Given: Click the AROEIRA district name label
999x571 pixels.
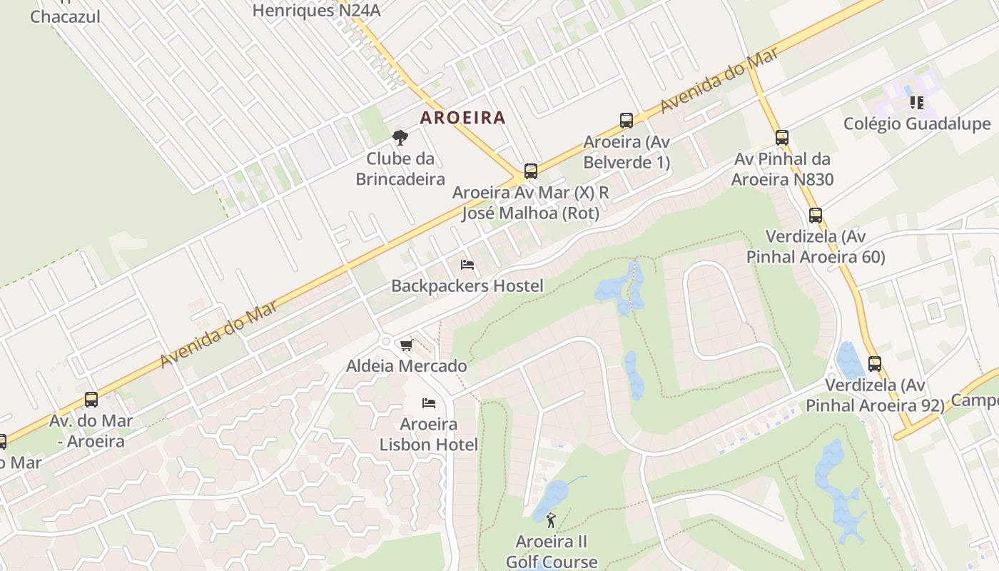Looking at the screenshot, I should pos(462,117).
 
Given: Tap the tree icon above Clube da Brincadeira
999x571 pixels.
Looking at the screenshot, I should pos(400,137).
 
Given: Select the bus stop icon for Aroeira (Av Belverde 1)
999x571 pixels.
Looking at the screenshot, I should pos(627,120).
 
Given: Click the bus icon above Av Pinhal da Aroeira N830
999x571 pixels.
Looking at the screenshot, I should pos(782,138).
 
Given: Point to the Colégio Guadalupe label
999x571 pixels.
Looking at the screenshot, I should pos(917,123).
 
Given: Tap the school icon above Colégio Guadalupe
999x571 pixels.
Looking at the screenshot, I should pos(917,103).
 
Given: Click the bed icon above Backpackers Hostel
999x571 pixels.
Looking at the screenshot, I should pos(467,265).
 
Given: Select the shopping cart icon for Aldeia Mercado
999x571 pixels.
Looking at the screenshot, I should pos(406,345).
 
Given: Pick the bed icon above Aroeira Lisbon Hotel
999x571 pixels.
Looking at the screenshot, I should pos(428,403).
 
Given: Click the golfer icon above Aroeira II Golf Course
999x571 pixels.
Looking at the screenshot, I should pos(550,520).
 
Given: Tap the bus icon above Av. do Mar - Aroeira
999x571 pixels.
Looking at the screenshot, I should pos(91,400).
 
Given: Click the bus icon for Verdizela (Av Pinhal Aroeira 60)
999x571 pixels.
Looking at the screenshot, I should pos(816,215).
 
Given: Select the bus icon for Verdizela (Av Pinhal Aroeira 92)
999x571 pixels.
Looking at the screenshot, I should pos(875,364).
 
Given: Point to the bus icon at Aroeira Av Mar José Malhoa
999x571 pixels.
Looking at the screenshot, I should pos(531,171).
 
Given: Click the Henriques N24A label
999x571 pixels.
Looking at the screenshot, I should pos(317,10).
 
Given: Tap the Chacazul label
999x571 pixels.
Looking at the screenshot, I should pos(65,16).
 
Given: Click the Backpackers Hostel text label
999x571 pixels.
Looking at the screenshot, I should pos(467,285).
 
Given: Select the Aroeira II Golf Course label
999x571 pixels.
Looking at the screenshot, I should pos(552,551).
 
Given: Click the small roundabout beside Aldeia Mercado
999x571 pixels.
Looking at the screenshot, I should pos(386,342).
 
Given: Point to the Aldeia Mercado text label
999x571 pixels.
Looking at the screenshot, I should pos(407,365).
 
